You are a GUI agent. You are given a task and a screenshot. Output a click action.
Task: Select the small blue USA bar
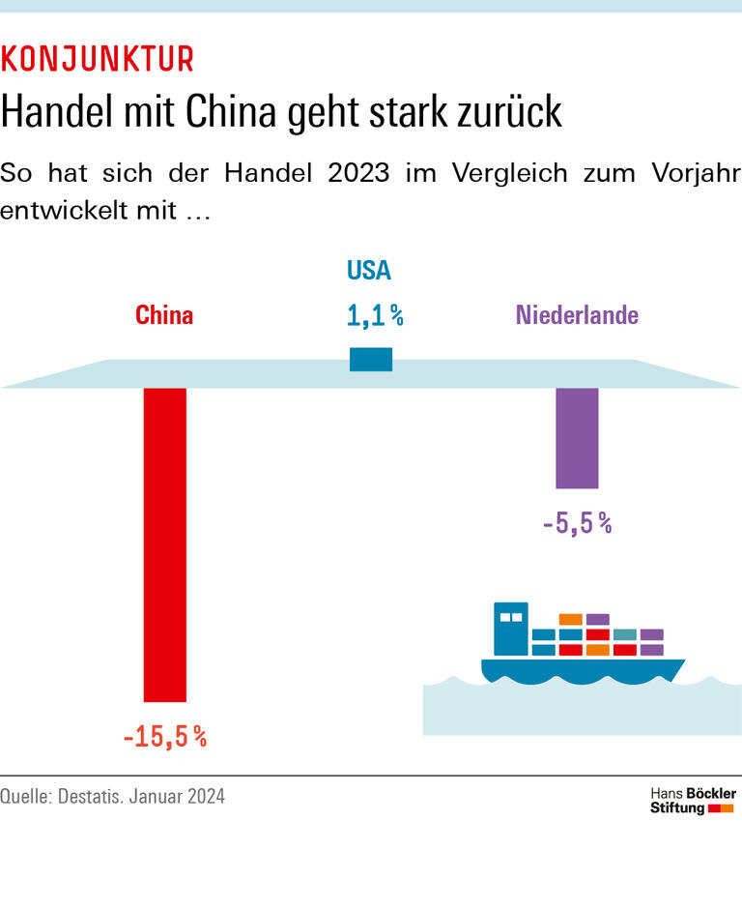pos(371,359)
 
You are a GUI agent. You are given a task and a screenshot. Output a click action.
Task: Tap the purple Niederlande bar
pos(577,438)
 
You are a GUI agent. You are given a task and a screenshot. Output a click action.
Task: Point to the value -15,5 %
pos(165,737)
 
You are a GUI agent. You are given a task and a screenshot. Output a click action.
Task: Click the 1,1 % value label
pos(374,314)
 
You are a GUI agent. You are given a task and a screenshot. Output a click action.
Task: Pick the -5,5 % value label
pos(577,524)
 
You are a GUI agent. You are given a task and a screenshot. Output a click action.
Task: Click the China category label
pos(164,315)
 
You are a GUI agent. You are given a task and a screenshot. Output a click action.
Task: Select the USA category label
pos(369,271)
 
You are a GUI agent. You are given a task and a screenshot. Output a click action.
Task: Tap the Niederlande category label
pos(577,315)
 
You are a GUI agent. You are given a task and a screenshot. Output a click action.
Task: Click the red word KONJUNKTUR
pos(98,60)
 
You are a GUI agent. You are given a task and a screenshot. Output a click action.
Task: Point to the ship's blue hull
pos(580,669)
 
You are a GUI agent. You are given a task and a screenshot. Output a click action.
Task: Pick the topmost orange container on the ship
pos(570,619)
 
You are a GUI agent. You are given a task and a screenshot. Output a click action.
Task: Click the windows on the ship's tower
pos(510,616)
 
